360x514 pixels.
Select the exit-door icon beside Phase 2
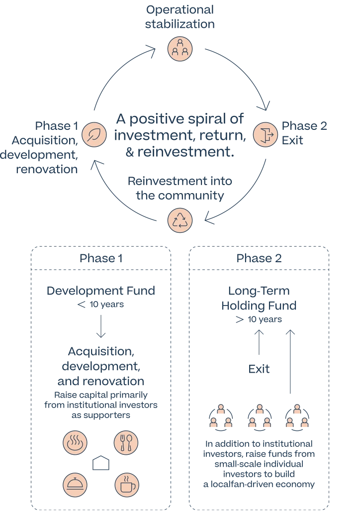pos(265,134)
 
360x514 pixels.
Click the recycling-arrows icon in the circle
pos(180,220)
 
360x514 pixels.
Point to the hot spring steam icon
pos(76,442)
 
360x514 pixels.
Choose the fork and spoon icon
pos(126,442)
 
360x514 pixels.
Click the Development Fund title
pos(100,292)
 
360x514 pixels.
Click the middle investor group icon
pos(259,418)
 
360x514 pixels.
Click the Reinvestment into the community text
pos(180,188)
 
